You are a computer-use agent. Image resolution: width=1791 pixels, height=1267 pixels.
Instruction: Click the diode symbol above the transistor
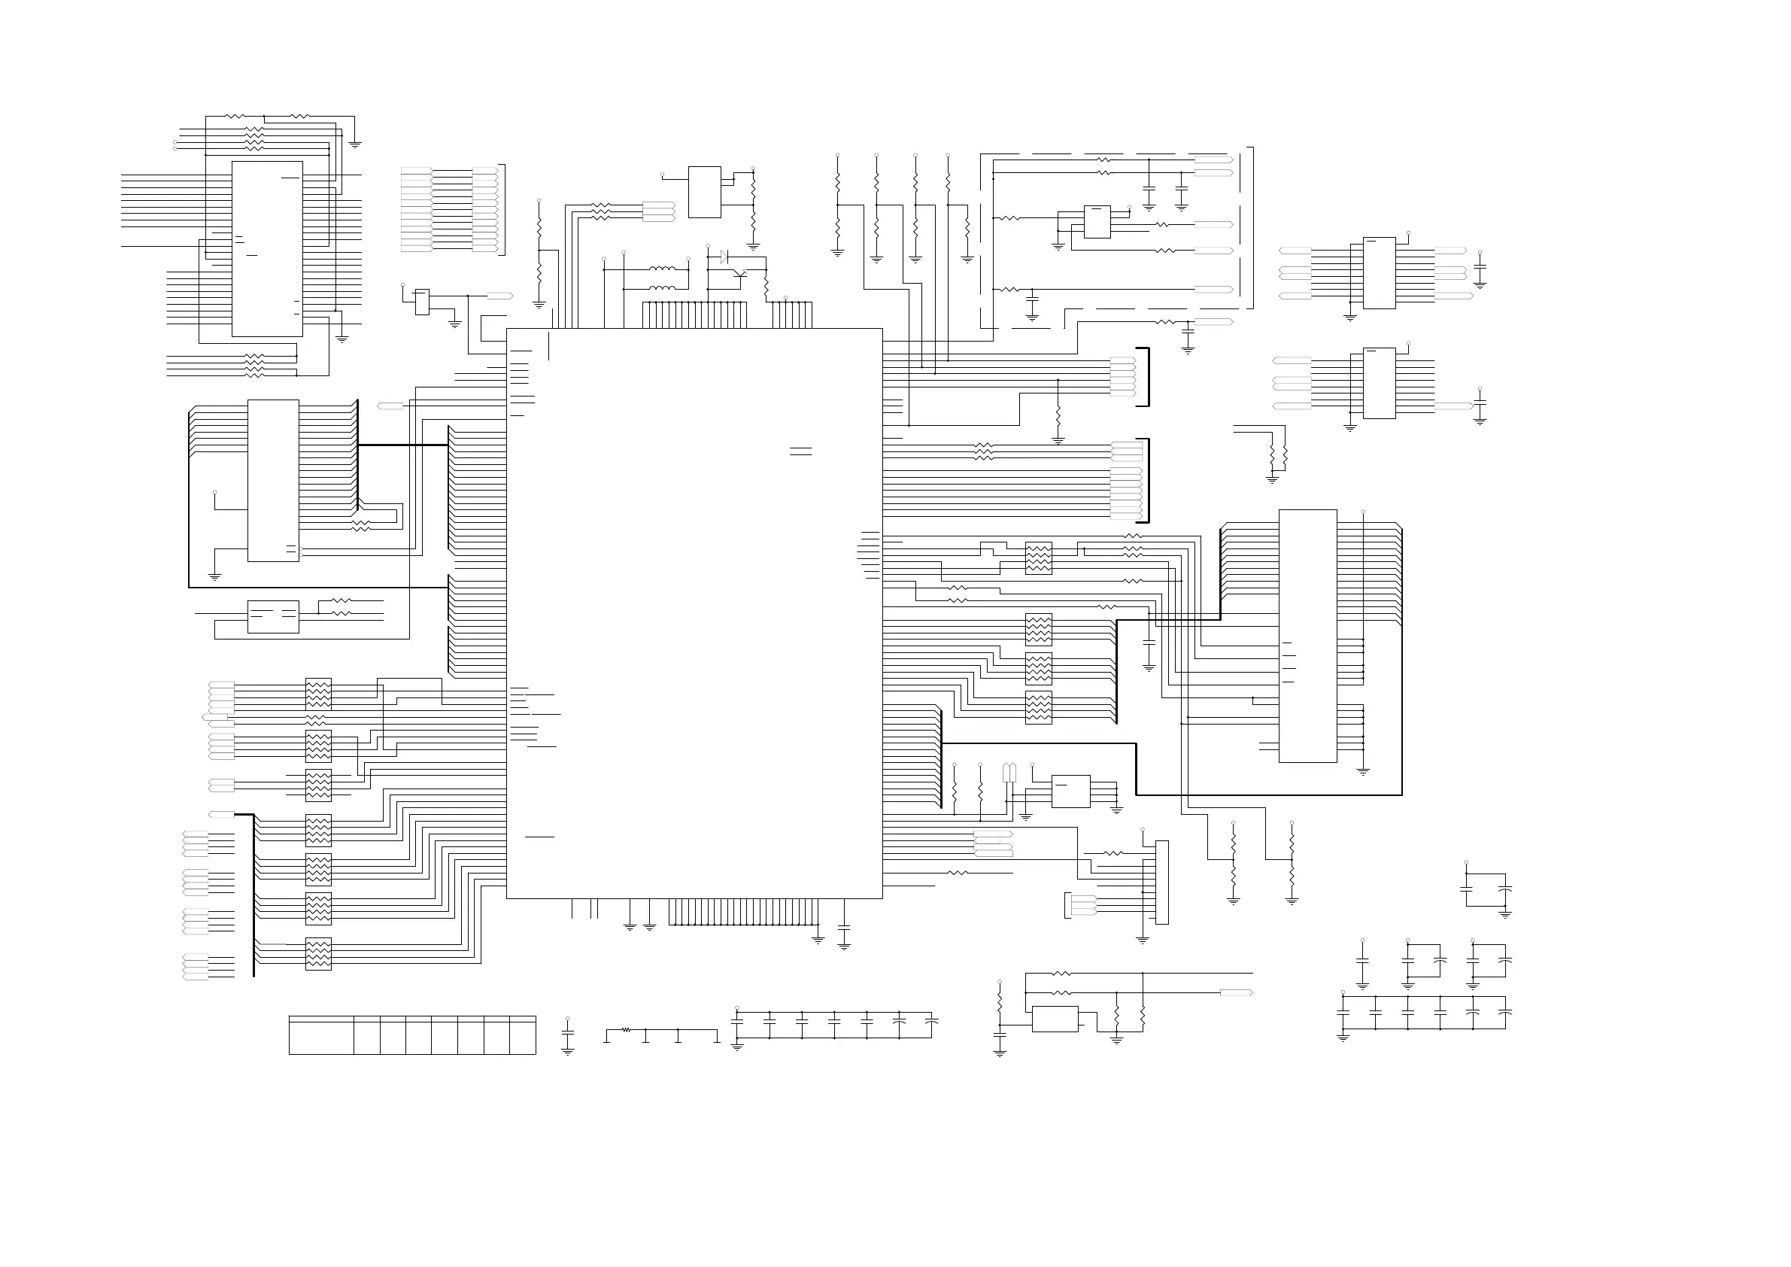(x=724, y=257)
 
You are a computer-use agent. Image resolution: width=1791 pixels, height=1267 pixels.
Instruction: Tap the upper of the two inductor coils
(x=662, y=269)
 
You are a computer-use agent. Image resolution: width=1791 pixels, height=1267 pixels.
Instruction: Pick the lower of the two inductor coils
(x=662, y=289)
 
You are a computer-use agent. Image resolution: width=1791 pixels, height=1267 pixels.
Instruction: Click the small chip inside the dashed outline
(x=1097, y=221)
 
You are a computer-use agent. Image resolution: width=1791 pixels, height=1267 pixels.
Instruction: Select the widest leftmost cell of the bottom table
(x=320, y=1035)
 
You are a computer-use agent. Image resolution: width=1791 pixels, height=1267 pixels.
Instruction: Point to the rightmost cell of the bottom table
(x=523, y=1035)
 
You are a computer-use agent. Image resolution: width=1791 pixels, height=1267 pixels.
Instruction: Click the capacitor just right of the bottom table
(x=568, y=1033)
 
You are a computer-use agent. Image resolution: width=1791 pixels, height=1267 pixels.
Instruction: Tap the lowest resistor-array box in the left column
(x=318, y=953)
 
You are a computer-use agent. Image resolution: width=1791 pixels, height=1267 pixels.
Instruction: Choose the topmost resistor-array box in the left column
(x=318, y=694)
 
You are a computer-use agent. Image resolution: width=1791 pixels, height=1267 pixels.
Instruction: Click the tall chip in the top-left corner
(x=267, y=249)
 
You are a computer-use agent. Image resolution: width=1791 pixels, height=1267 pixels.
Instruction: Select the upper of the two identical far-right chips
(x=1379, y=273)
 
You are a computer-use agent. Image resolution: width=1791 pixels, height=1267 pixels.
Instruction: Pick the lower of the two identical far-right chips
(x=1379, y=383)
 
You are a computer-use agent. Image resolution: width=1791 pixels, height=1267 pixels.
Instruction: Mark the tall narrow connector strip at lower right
(x=1161, y=883)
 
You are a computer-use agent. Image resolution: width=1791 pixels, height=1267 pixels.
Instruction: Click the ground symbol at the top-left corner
(x=355, y=144)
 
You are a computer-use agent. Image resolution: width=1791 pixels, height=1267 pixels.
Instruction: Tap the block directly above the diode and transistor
(x=704, y=192)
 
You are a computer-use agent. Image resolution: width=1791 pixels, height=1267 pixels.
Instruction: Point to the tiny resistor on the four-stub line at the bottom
(x=626, y=1030)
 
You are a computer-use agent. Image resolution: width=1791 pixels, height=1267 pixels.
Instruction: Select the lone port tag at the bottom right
(x=1236, y=993)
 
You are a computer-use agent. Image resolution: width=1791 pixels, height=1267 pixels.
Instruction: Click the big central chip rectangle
(x=694, y=613)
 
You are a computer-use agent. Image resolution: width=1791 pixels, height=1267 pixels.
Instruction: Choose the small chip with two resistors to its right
(x=273, y=616)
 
